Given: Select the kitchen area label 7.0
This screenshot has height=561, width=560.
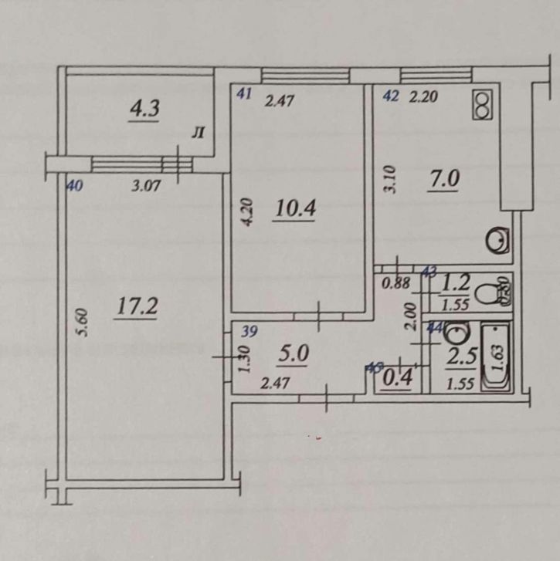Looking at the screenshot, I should [444, 179].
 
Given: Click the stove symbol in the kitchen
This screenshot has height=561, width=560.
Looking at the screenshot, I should [484, 106].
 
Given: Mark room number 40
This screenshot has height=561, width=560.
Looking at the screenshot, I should [75, 186].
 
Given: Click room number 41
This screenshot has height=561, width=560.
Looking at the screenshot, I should [244, 96].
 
